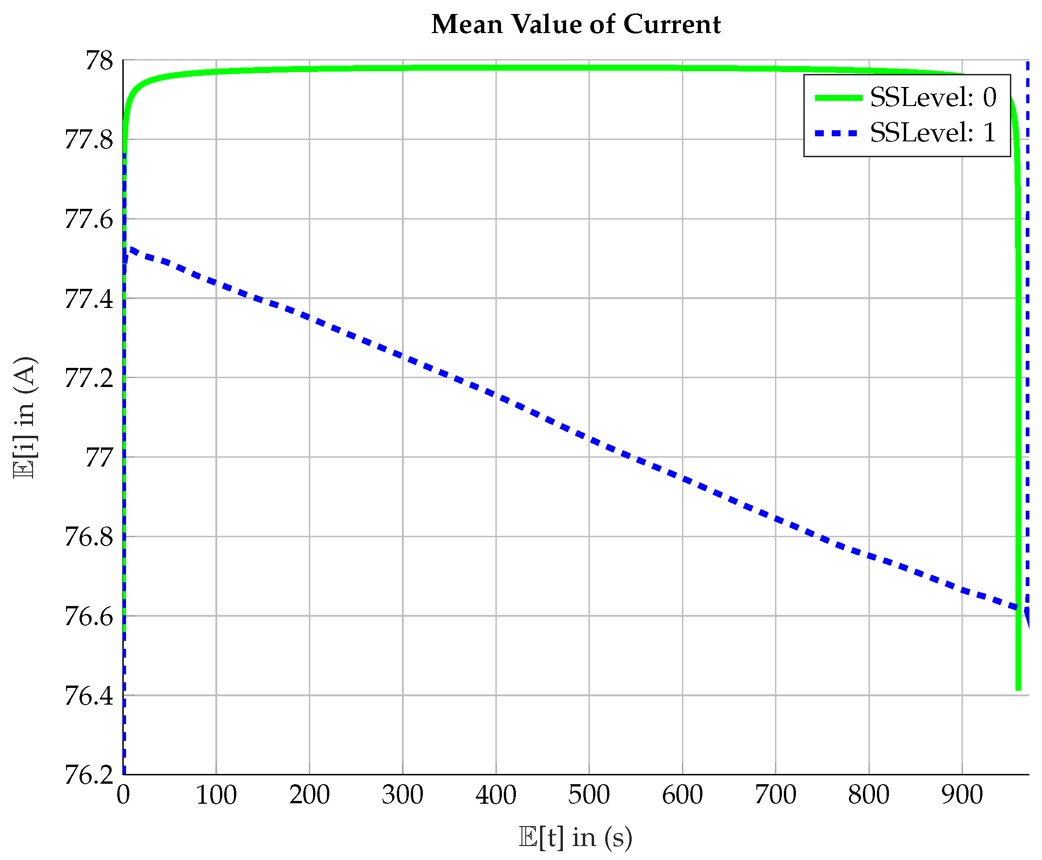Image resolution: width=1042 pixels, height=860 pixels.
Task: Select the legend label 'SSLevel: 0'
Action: [x=933, y=97]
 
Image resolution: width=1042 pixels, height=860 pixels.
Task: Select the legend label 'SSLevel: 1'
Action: [x=933, y=132]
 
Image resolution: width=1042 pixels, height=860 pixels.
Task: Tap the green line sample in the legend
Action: [x=838, y=98]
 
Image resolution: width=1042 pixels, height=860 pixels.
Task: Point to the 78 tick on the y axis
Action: [x=99, y=61]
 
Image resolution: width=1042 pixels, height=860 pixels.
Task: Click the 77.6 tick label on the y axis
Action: [x=89, y=219]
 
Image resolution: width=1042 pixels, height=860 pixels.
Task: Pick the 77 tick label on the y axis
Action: [x=99, y=457]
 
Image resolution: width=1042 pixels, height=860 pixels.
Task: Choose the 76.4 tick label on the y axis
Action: [x=89, y=696]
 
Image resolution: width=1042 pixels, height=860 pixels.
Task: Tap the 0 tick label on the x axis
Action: [x=123, y=795]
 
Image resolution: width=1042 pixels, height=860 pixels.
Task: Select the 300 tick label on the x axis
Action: [x=402, y=795]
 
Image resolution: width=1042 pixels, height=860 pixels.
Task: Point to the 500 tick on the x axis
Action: [x=588, y=795]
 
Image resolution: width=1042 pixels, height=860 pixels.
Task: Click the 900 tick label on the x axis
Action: [x=962, y=795]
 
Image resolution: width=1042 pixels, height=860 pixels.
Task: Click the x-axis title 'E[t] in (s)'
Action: [x=575, y=837]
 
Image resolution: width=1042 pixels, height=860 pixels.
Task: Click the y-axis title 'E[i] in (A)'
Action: [x=25, y=417]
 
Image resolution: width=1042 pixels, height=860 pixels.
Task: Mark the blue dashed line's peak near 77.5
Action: [x=130, y=249]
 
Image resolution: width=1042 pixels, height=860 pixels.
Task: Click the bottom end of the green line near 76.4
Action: [x=1018, y=687]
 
